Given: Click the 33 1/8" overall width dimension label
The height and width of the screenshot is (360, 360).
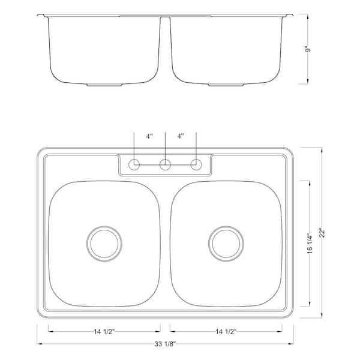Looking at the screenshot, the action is [165, 344].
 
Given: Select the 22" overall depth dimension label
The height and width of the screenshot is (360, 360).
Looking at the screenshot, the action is [322, 233].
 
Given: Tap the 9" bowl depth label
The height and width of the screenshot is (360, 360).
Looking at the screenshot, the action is [308, 49].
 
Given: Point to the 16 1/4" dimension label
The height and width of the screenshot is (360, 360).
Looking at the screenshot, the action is [310, 244].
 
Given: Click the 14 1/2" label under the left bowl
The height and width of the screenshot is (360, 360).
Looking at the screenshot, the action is [104, 332].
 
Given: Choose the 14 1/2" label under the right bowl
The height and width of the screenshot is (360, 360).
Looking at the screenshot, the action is [226, 332].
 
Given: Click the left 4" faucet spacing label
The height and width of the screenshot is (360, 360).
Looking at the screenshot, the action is [149, 136].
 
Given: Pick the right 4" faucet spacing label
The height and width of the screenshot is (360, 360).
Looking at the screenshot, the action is [181, 136].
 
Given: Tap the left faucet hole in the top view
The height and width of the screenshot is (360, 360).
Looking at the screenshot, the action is [134, 164].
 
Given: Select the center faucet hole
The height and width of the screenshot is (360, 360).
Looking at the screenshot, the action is [165, 164].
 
